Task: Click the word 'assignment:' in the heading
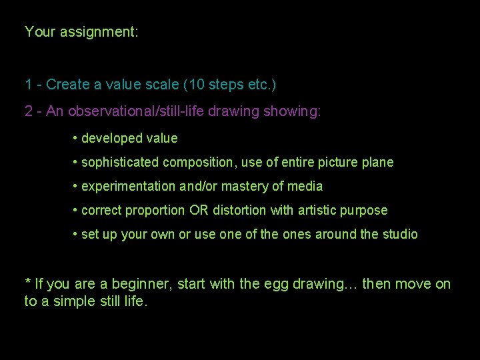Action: pos(99,32)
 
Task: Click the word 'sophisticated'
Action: pos(119,163)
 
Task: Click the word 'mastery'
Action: pos(241,187)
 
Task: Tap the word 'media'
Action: pos(305,187)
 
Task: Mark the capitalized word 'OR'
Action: pos(198,211)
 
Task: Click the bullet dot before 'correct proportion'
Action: pos(75,211)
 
